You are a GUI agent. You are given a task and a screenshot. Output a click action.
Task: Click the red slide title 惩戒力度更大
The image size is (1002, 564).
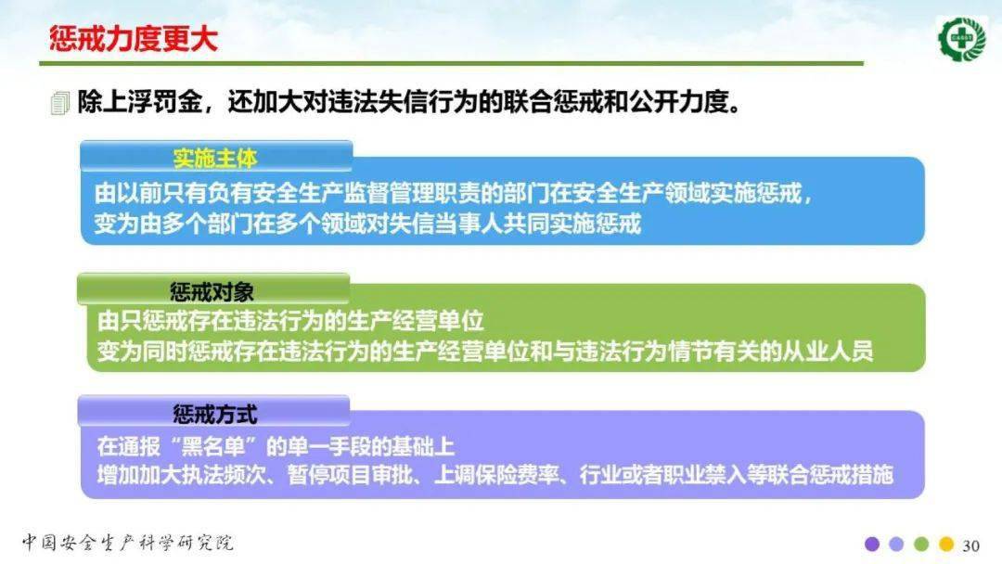coord(133,40)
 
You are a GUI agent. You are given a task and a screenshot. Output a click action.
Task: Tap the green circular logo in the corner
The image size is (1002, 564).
coord(962,38)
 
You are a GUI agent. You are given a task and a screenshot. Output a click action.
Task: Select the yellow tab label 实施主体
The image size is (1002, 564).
coord(214,158)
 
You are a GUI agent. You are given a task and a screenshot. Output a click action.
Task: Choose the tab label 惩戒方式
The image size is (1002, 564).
coord(214,413)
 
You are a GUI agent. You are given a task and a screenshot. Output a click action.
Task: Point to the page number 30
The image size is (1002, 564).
coord(971,545)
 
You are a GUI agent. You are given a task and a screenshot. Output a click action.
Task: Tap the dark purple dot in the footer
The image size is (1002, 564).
coord(871,545)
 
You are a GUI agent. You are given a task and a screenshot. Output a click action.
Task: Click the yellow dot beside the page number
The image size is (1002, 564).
coord(946,545)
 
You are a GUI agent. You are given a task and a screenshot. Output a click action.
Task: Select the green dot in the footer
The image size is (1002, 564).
coord(921,545)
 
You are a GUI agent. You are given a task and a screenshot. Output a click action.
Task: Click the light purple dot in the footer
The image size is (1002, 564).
coord(896,545)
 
